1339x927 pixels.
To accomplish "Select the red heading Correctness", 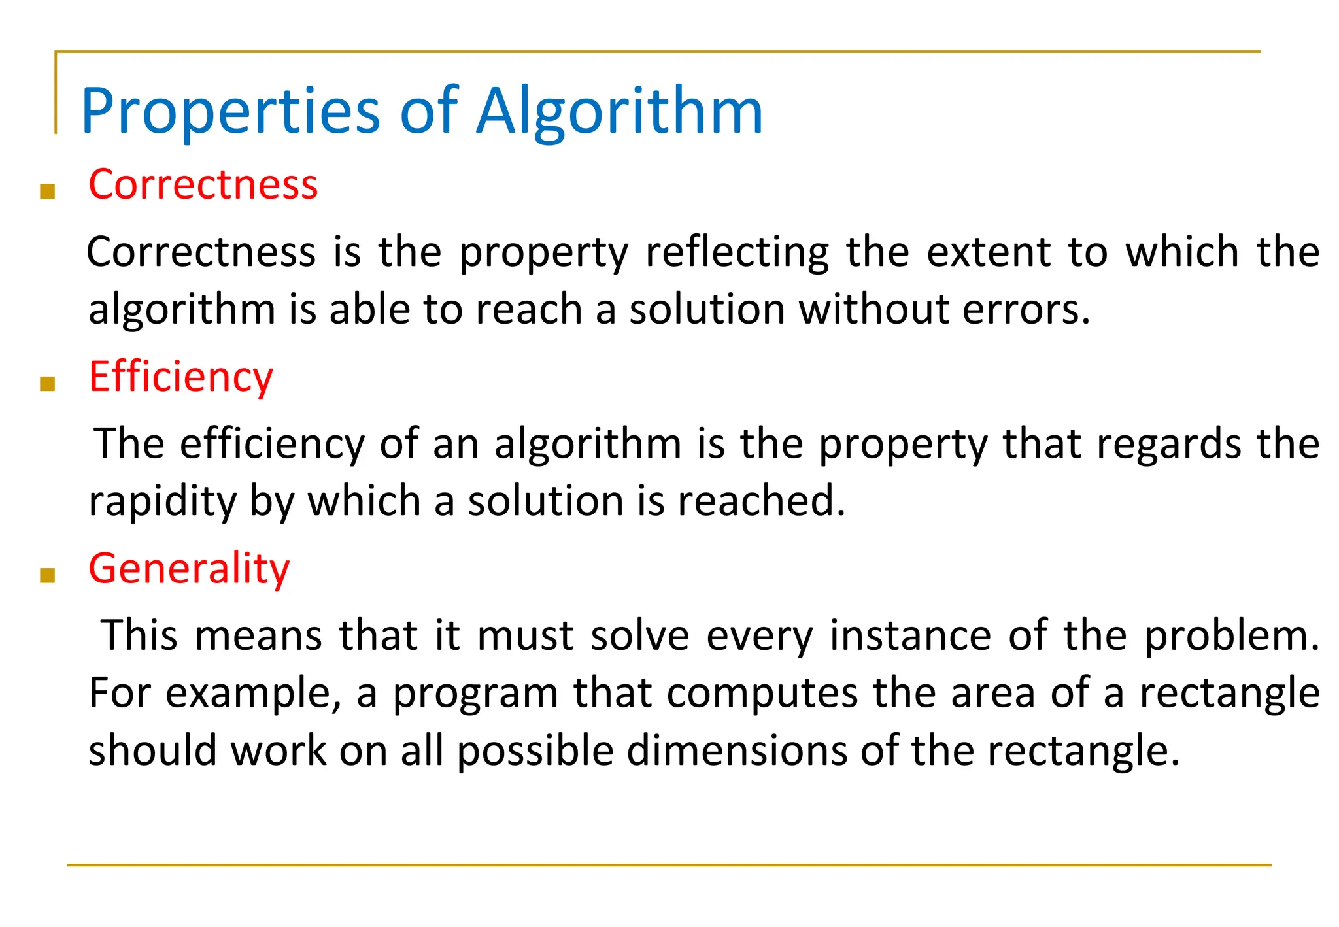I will tap(203, 184).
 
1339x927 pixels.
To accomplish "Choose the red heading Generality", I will tap(189, 568).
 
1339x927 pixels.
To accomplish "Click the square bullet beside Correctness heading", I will tap(47, 192).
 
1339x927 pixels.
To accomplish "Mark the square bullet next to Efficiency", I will tap(47, 384).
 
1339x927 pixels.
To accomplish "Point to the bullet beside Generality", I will tap(47, 575).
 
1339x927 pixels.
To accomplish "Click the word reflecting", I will tap(737, 252).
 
